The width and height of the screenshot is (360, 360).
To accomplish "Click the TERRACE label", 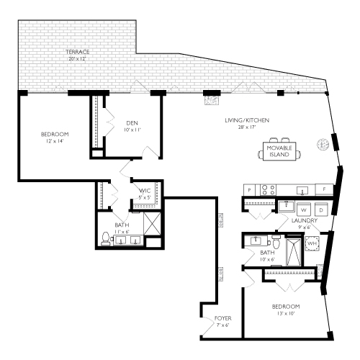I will coord(77,53).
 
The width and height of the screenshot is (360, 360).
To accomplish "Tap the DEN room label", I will coord(131,122).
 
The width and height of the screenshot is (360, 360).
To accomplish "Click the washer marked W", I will coord(302,210).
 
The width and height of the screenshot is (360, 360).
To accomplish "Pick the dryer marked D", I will coord(321,210).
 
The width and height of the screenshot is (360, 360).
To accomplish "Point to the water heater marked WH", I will coord(312,244).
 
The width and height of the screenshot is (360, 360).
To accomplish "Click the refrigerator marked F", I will coord(325,189).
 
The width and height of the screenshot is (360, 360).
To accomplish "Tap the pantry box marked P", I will coord(250,190).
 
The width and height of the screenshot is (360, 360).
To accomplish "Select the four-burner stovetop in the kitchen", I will coord(267,190).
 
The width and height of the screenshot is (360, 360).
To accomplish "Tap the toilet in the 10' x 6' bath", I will coord(255,240).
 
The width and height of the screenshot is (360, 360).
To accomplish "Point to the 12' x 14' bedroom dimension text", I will coord(55,142).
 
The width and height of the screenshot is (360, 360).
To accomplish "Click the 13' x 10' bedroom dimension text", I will coord(286,314).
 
